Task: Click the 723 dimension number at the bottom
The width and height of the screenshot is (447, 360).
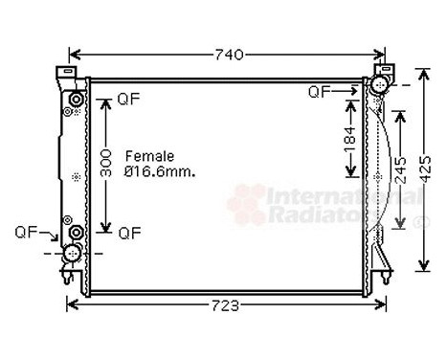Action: (x=226, y=305)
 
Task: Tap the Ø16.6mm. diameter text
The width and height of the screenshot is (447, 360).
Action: (x=160, y=172)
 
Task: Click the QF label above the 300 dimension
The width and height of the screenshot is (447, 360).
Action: (x=127, y=99)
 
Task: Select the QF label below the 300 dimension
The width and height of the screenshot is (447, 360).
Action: (x=127, y=232)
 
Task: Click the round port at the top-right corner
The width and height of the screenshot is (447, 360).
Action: (x=378, y=87)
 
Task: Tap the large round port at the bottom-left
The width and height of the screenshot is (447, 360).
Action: (x=71, y=254)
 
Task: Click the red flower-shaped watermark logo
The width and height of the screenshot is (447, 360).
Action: (x=247, y=204)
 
